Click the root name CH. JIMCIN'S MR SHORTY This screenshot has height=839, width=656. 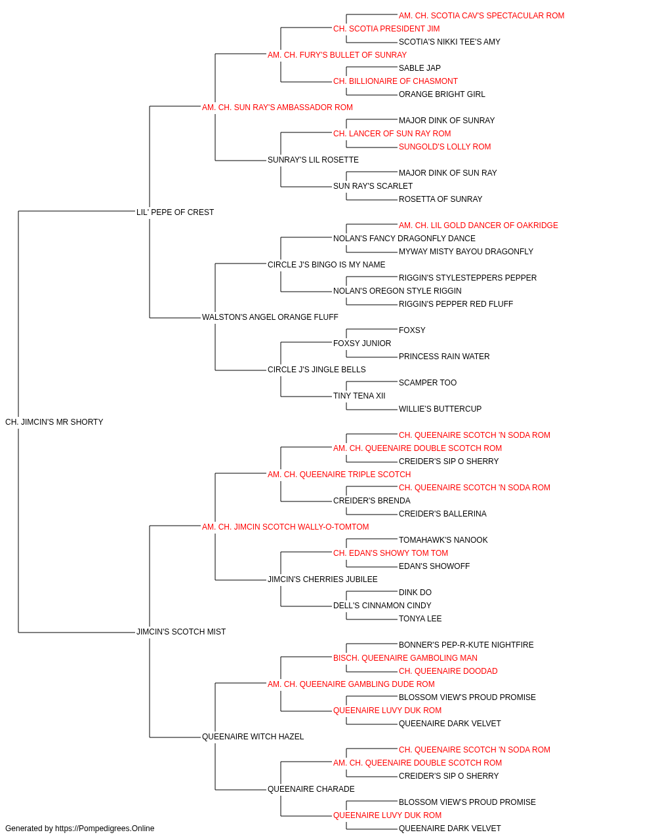click(x=54, y=422)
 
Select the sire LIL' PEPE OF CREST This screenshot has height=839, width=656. click(x=175, y=212)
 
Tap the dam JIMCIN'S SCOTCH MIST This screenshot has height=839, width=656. click(x=181, y=632)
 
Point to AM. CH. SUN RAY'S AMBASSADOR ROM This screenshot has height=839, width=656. click(x=277, y=107)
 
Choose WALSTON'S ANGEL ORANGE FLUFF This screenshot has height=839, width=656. click(x=270, y=317)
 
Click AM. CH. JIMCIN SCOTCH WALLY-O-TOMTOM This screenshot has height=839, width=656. click(x=285, y=527)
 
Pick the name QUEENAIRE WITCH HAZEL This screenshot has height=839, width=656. click(x=253, y=737)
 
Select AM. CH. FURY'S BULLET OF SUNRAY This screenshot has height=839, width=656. click(x=337, y=55)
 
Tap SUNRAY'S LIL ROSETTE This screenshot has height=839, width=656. click(x=313, y=160)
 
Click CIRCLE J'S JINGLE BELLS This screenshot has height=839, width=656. click(x=316, y=370)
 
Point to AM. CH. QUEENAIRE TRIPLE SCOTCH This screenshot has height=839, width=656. click(x=338, y=475)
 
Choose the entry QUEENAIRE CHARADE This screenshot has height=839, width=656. click(x=311, y=789)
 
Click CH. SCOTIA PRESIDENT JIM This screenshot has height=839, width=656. click(x=386, y=29)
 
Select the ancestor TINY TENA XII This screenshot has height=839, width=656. click(x=359, y=396)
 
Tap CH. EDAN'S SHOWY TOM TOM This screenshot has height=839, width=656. click(x=390, y=553)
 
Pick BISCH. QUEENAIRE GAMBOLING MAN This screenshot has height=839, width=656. click(x=405, y=658)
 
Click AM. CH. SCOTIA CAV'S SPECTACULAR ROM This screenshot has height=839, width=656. click(x=482, y=16)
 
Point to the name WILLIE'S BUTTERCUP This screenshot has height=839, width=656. click(x=440, y=409)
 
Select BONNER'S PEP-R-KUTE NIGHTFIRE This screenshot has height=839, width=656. click(x=466, y=645)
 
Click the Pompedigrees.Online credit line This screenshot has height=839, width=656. click(x=79, y=829)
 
